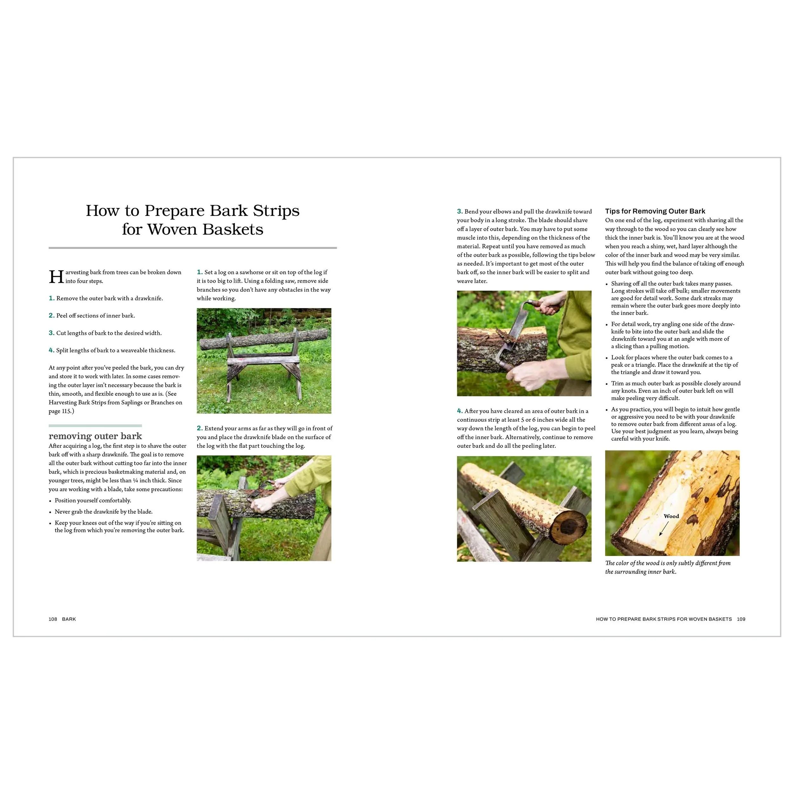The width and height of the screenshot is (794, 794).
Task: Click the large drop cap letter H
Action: (56, 277)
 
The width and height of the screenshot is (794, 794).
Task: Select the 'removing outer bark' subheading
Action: (95, 436)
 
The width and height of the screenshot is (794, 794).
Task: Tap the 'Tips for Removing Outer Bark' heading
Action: (655, 211)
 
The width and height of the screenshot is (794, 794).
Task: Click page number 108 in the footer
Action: (53, 619)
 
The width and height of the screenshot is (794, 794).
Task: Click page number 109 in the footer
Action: (741, 619)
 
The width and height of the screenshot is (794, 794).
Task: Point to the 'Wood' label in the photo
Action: (671, 516)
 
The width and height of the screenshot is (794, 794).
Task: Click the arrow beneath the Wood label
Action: (664, 528)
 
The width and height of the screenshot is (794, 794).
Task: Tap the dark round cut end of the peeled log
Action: (569, 527)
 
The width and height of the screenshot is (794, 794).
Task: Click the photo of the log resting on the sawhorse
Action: (264, 361)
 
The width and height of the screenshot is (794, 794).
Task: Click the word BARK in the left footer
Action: (69, 619)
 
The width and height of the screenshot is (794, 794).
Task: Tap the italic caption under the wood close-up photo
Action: (668, 567)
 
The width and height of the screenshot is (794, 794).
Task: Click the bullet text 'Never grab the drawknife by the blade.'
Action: (104, 512)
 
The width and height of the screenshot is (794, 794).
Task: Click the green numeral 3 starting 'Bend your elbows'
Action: (460, 212)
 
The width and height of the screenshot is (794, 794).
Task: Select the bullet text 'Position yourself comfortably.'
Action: (93, 501)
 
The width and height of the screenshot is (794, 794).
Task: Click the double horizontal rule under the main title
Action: (193, 248)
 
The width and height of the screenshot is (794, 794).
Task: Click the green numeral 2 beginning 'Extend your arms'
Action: (199, 428)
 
